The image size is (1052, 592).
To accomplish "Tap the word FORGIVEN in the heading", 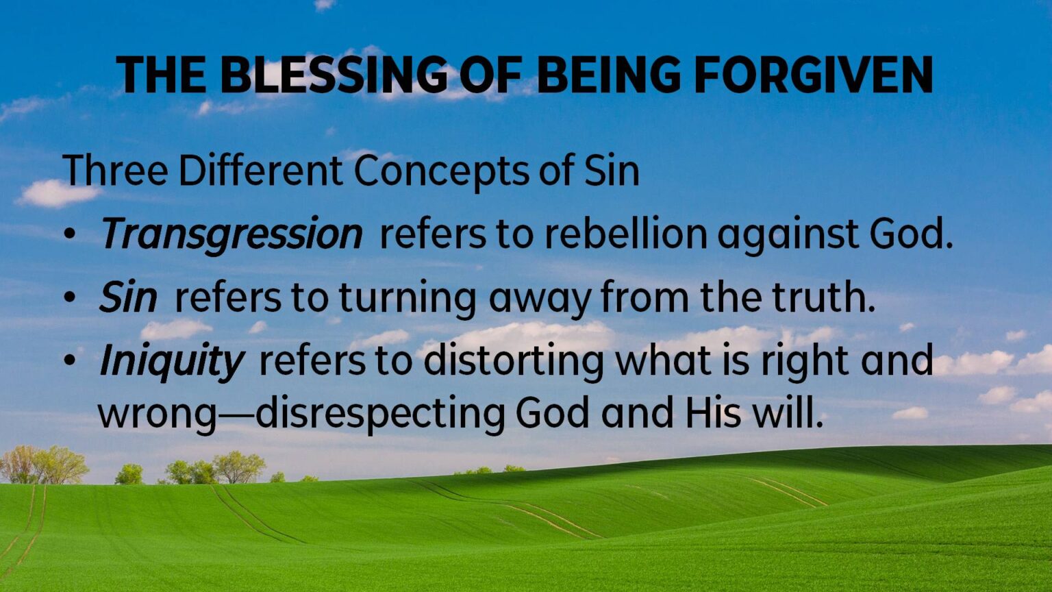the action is [x=814, y=75].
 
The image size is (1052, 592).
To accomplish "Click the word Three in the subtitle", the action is [x=115, y=170].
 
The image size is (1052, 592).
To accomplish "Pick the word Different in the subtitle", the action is [x=261, y=170].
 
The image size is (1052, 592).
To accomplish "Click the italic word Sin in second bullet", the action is [x=128, y=297].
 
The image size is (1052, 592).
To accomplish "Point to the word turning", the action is [x=408, y=299].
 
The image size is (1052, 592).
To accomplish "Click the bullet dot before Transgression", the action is [x=70, y=234].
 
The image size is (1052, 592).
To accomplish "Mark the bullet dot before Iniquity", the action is [x=70, y=361].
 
